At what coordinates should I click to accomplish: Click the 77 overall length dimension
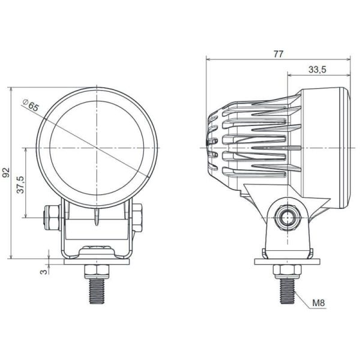point(278,53)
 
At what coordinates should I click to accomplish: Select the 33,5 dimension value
point(317,70)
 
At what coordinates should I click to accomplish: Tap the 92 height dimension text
point(7,172)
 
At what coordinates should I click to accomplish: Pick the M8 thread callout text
point(318,304)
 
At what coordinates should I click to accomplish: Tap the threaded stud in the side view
point(287,292)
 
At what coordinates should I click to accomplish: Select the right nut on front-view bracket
point(138,217)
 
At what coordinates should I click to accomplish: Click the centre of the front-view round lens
point(97,148)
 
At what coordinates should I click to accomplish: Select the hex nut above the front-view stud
point(97,269)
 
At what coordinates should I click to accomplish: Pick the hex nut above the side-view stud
point(287,269)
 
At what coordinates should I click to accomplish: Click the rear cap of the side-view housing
point(211,147)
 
